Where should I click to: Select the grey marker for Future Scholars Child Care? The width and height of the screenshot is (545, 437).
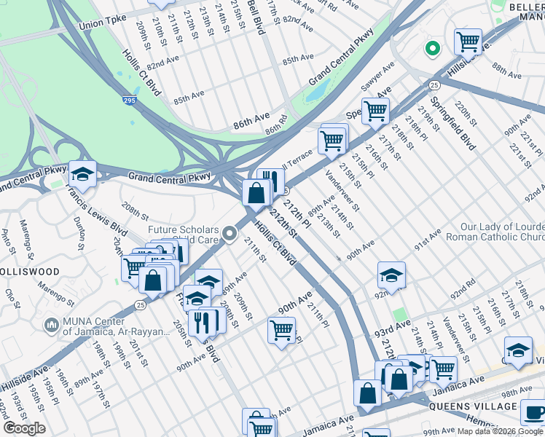[230, 234]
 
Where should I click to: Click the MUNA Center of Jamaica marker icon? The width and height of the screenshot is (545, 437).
[51, 323]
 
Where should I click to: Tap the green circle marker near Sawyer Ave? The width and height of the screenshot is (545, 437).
[432, 50]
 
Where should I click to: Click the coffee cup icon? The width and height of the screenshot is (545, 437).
[533, 413]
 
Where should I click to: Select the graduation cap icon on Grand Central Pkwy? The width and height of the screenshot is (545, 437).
[83, 174]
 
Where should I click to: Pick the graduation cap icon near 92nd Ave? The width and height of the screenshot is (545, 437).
[391, 275]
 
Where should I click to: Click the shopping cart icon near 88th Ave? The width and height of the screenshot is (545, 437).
[468, 41]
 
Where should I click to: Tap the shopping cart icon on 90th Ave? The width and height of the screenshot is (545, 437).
[281, 330]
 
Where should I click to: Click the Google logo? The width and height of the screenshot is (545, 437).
[24, 428]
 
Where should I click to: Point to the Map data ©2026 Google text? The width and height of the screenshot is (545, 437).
[499, 431]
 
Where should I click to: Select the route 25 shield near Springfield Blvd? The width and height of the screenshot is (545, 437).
[433, 85]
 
